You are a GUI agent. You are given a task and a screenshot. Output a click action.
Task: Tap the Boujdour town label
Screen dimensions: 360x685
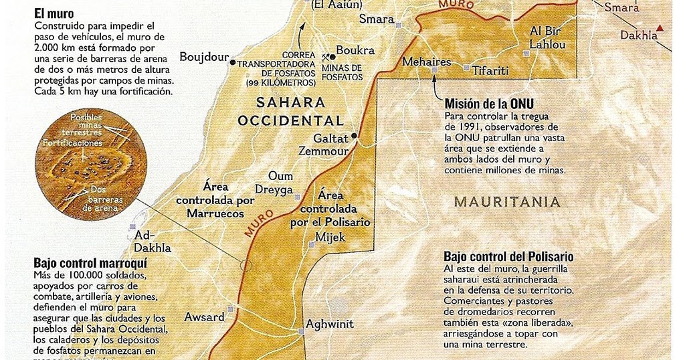click(x=204, y=58)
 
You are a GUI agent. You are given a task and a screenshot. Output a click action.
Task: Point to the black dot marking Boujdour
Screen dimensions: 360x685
click(x=233, y=62)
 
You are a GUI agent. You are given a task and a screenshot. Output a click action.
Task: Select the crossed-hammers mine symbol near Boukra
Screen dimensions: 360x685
click(x=327, y=58)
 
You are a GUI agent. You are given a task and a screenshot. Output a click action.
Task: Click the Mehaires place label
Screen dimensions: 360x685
click(x=427, y=62)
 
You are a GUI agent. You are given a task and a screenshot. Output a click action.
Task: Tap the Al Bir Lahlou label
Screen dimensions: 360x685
click(x=548, y=38)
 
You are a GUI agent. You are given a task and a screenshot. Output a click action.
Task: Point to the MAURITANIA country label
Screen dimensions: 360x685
click(x=506, y=201)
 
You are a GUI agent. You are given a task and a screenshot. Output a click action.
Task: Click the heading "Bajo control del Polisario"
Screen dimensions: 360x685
click(x=508, y=256)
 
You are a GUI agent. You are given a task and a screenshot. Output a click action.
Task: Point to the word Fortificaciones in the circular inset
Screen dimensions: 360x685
click(x=74, y=143)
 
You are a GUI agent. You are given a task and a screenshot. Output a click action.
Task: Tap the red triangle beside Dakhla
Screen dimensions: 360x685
click(x=661, y=27)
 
